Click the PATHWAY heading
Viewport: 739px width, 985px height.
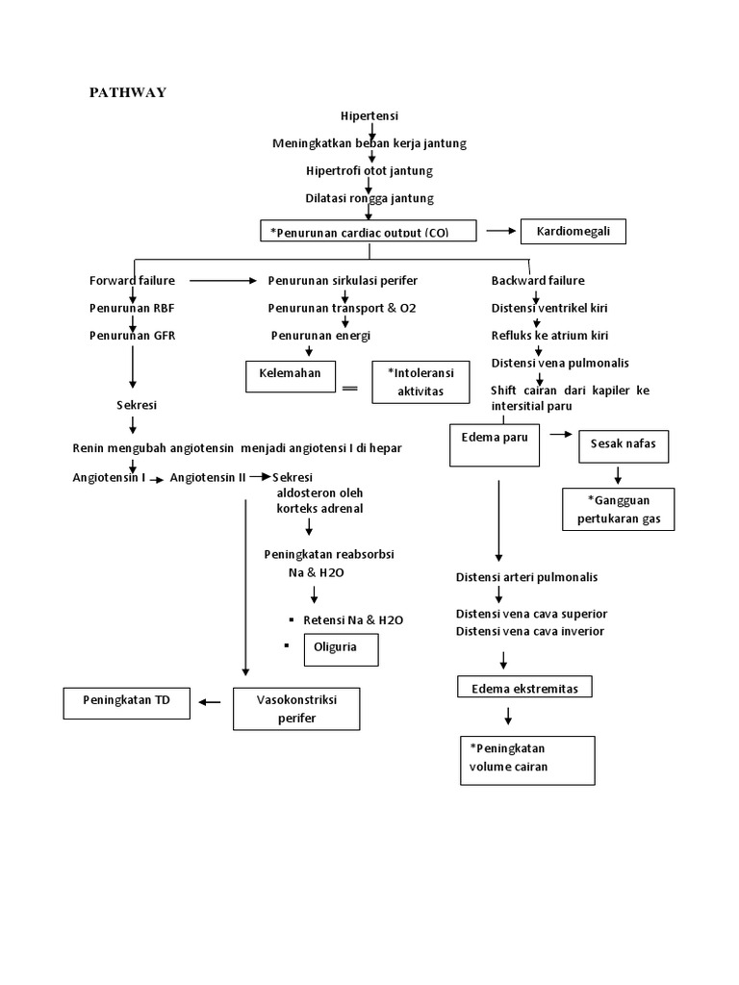[x=128, y=92]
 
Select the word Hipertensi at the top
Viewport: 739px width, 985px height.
[x=369, y=116]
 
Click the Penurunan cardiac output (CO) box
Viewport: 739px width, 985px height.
[x=369, y=232]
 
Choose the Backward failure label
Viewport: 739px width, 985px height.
[x=538, y=281]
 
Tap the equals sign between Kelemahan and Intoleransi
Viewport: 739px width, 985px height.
[x=349, y=388]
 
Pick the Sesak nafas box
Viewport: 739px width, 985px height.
[x=623, y=446]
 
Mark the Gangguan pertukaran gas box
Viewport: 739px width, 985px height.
[x=618, y=509]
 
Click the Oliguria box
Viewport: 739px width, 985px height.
[x=341, y=649]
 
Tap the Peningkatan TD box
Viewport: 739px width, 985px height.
[x=127, y=702]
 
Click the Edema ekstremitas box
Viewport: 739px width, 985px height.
[x=523, y=687]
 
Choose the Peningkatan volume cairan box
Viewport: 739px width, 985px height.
[x=526, y=760]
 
